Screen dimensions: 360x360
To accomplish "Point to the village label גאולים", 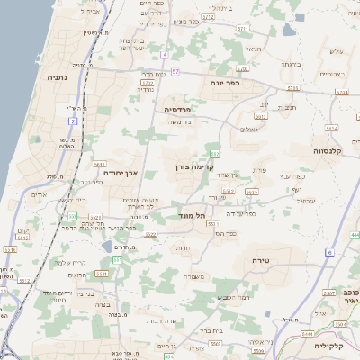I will coord(249,129).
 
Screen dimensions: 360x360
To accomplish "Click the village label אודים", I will coord(39,194).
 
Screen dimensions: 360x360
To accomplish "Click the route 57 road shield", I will coord(175,71).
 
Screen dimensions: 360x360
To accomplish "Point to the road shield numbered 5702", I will coord(148,83).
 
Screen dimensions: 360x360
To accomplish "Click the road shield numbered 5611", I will coord(100,165).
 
